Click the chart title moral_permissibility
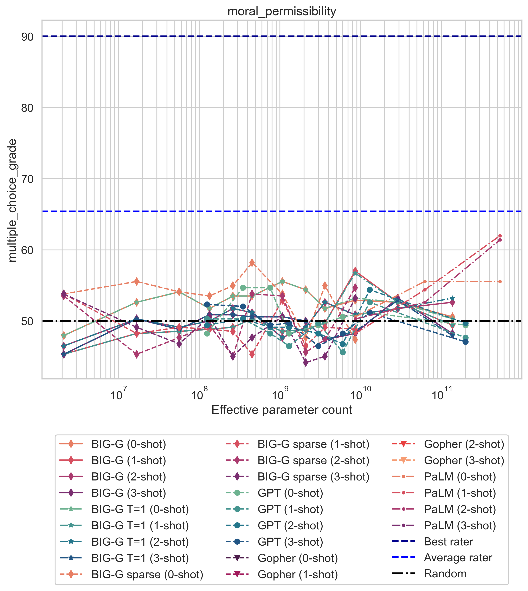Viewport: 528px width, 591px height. tap(282, 12)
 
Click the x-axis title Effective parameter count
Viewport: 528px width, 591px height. tap(282, 410)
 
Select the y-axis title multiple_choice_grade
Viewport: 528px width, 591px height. tap(12, 200)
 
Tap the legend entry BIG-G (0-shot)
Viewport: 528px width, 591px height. tap(129, 444)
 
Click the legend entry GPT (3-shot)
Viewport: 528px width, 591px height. tap(290, 542)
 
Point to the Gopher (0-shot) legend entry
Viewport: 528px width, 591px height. tap(298, 558)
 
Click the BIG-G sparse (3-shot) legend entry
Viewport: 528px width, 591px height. tap(313, 477)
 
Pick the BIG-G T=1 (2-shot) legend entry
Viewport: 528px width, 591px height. tap(140, 542)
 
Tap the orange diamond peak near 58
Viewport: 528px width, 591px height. tap(252, 263)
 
